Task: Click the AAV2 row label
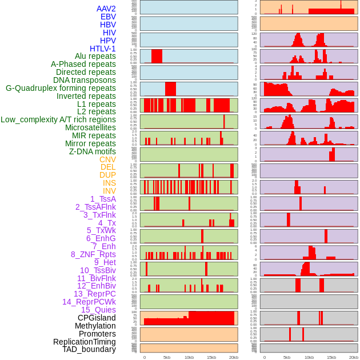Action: pos(106,9)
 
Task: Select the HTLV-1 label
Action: pos(102,49)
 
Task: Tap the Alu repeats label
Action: pos(95,57)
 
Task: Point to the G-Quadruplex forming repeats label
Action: pos(61,89)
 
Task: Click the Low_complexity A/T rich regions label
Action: pos(58,119)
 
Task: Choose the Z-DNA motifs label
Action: pos(93,151)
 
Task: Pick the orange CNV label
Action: pos(107,159)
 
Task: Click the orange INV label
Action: pos(109,191)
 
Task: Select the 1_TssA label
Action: pos(103,199)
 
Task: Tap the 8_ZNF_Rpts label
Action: pos(93,254)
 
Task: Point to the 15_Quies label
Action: pos(98,310)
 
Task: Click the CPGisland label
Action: pos(97,318)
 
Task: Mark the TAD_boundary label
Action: pos(89,349)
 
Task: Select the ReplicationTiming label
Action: pos(84,342)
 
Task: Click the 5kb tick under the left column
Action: pos(167,357)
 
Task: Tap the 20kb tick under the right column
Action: pos(354,357)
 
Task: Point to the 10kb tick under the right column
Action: pos(309,357)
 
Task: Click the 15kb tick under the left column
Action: pos(211,357)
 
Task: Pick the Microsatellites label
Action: pos(90,127)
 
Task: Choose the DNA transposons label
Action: pos(85,80)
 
